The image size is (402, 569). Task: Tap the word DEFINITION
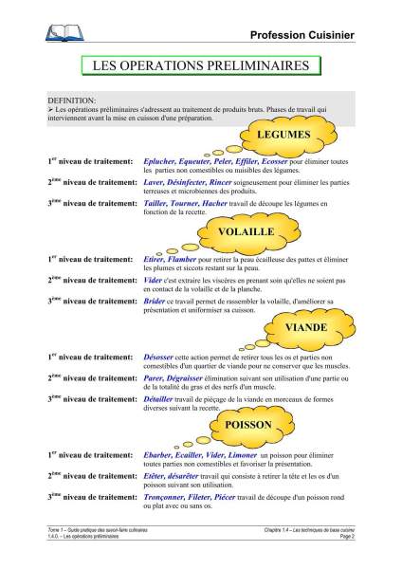tap(71, 100)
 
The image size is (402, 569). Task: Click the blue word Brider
tap(155, 301)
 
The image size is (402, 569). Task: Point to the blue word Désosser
tap(162, 356)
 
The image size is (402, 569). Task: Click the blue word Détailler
tap(162, 398)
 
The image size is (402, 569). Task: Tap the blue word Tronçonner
tap(168, 497)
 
